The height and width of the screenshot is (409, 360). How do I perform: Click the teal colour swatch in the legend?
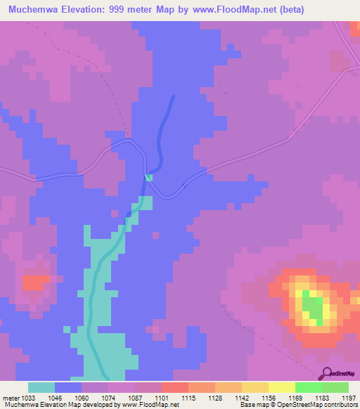(x=41, y=387)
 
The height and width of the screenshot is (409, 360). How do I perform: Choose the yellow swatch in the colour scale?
(x=281, y=387)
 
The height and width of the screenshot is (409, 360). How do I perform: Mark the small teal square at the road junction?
(x=148, y=178)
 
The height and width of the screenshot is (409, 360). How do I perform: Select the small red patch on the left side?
(x=32, y=283)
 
